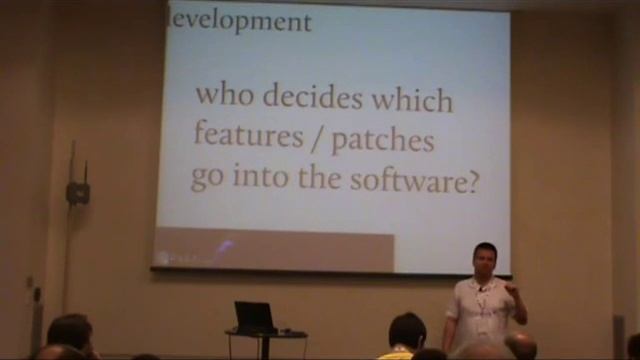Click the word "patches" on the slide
click(x=383, y=140)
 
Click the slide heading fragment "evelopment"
click(x=241, y=20)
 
